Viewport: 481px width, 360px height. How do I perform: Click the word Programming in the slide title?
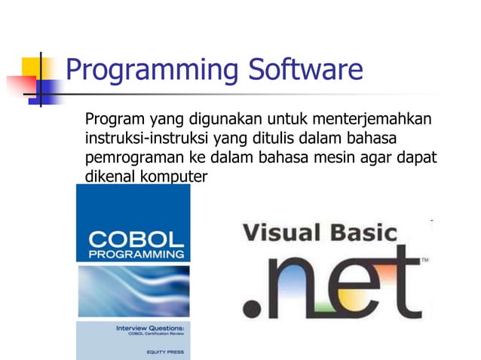[x=150, y=72]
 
